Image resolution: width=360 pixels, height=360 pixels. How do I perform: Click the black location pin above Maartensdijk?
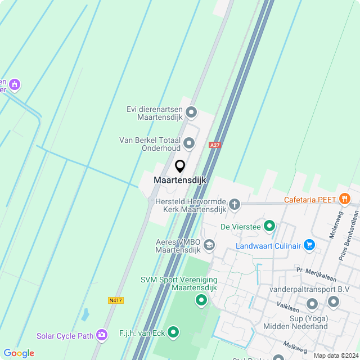click(180, 166)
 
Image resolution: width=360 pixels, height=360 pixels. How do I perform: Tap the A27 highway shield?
click(214, 145)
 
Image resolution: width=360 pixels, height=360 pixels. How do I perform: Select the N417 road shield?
click(115, 300)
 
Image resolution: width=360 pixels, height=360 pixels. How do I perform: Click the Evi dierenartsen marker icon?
click(191, 112)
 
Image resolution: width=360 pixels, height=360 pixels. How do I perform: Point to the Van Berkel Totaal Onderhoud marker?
click(189, 143)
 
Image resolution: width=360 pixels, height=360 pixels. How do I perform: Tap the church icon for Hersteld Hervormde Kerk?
click(234, 204)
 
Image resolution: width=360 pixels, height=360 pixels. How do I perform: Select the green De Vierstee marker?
click(269, 227)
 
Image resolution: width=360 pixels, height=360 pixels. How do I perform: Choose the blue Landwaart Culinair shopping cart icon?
click(308, 245)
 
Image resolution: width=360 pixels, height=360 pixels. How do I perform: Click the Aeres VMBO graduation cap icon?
click(209, 245)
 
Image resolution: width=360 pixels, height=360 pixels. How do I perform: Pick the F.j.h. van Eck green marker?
click(173, 332)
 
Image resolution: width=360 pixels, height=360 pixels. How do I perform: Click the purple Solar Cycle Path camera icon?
click(102, 335)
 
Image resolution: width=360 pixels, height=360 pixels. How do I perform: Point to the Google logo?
click(19, 353)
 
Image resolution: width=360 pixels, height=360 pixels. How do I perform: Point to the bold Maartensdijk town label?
click(180, 180)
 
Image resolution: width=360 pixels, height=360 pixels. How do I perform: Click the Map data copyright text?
click(335, 355)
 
